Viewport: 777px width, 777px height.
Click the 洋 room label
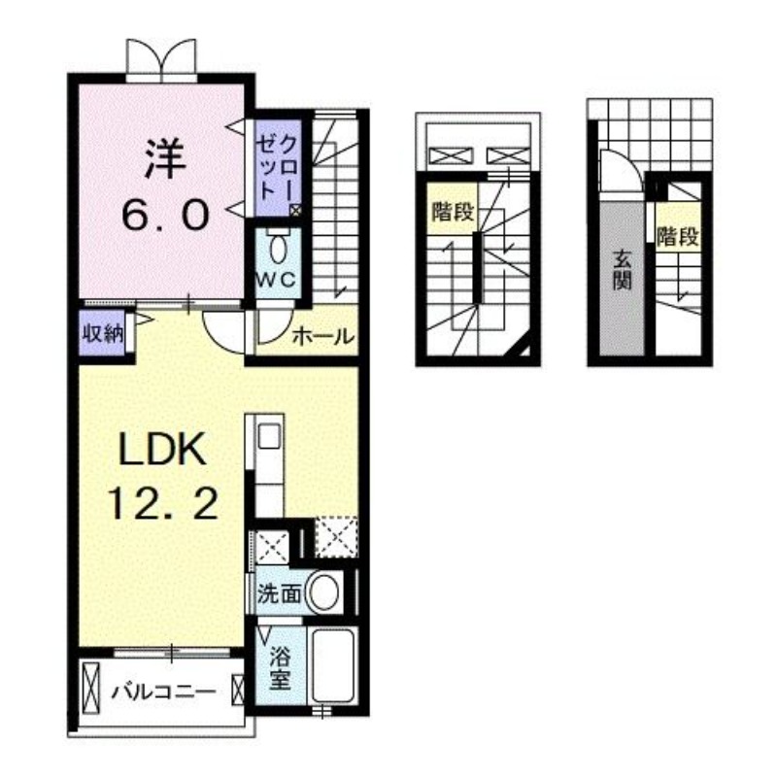click(165, 158)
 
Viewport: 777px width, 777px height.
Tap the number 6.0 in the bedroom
click(165, 215)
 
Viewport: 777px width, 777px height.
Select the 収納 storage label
click(101, 333)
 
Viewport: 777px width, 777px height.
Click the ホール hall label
click(321, 337)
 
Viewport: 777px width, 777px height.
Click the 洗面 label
click(279, 593)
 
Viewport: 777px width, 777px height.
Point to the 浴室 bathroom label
click(279, 667)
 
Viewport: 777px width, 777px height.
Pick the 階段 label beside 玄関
click(677, 235)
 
